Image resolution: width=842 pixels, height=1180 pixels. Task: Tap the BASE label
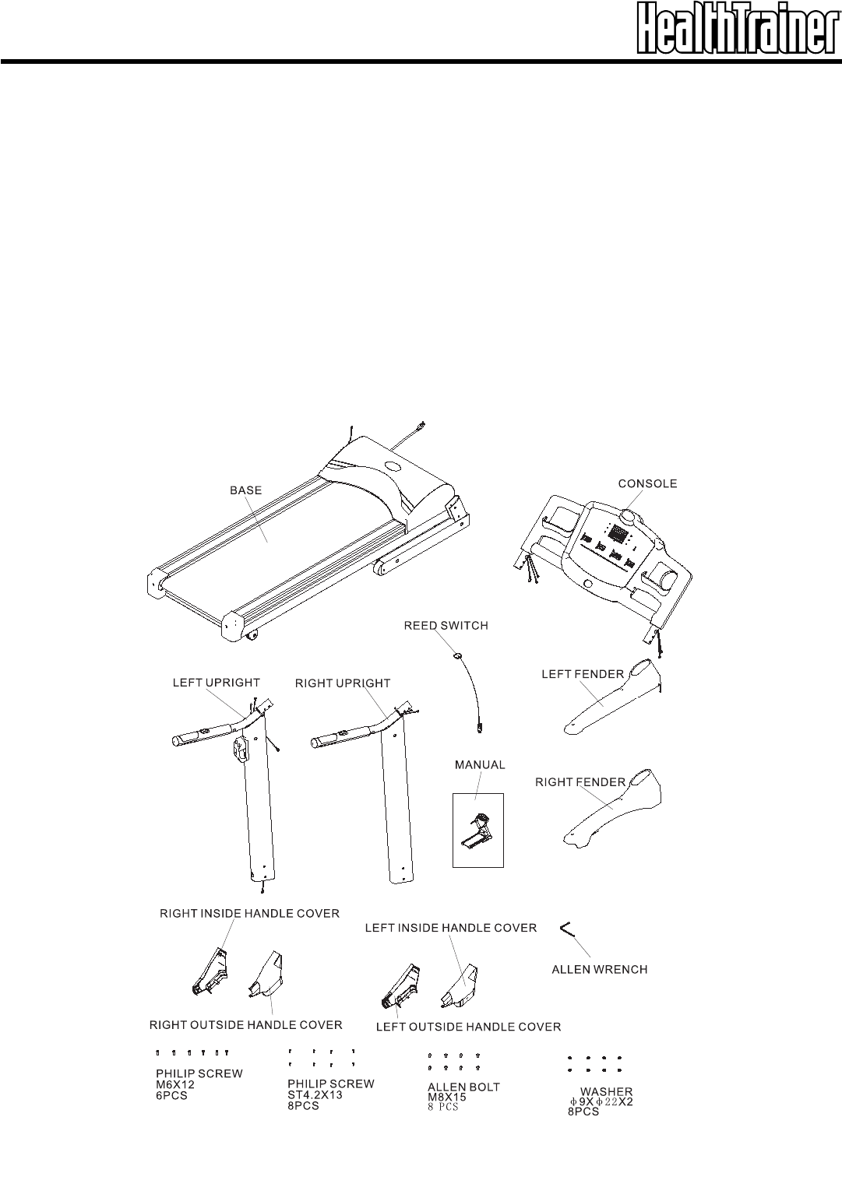pos(245,490)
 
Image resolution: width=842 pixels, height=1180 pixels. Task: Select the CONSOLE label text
pos(647,483)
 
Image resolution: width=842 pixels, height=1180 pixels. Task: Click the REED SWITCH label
pos(446,625)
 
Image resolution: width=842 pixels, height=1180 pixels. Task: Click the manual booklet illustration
pos(478,830)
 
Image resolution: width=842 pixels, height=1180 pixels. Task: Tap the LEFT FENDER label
pos(583,675)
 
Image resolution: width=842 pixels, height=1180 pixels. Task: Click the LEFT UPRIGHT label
pos(216,683)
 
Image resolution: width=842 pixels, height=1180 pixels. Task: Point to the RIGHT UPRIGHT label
pos(343,683)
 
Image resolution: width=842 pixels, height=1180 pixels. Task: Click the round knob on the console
pos(629,517)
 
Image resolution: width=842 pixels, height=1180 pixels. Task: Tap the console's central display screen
pos(618,535)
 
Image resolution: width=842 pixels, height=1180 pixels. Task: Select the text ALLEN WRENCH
pos(599,970)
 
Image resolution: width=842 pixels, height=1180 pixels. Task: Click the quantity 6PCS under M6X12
pos(171,1095)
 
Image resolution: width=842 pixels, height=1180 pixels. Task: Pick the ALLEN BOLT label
pos(463,1087)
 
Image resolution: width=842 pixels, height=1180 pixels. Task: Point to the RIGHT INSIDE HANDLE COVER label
pos(249,913)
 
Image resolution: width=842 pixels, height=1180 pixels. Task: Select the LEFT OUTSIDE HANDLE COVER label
pos(468,1027)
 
